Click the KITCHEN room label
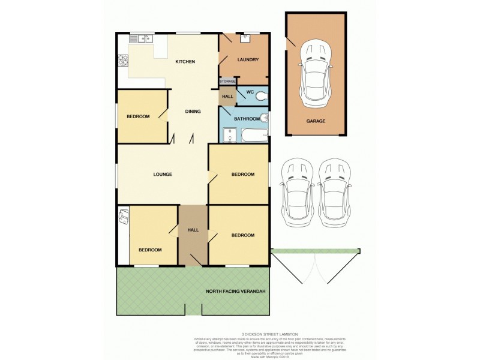[x=185, y=62]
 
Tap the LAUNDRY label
[x=248, y=59]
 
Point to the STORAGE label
[x=227, y=81]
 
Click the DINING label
[x=193, y=111]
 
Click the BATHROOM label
[x=246, y=119]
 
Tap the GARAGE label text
[x=316, y=121]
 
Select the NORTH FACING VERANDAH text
[x=236, y=292]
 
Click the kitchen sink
[x=145, y=40]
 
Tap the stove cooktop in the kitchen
[x=123, y=60]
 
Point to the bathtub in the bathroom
[x=253, y=137]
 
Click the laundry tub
[x=245, y=39]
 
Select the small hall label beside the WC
[x=227, y=97]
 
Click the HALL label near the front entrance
[x=193, y=230]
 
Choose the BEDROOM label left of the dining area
[x=138, y=116]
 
